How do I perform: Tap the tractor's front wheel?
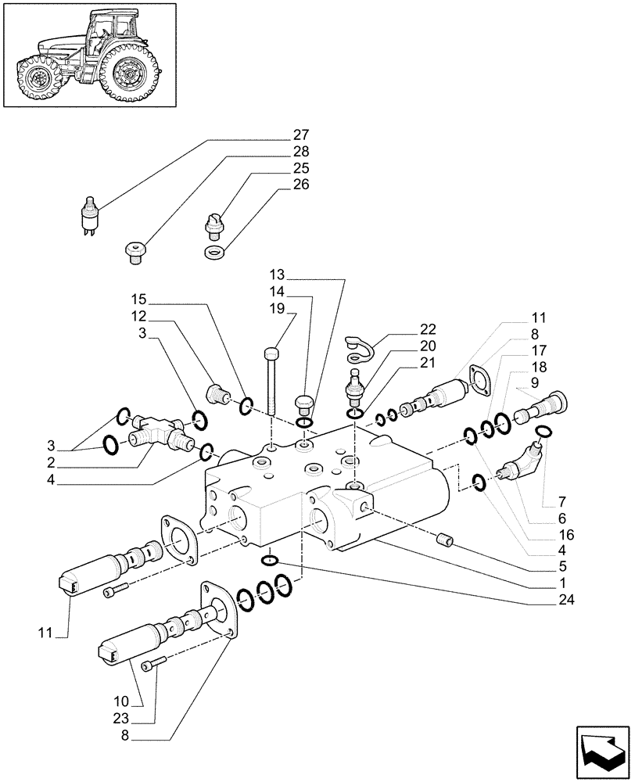[x=37, y=79]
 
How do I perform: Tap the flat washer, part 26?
[x=213, y=253]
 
